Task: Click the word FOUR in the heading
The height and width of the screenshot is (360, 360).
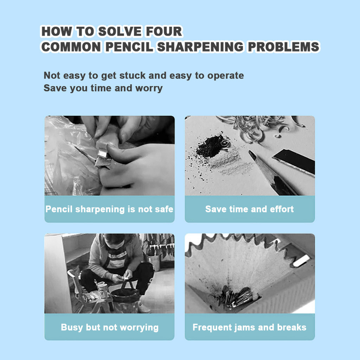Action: (164, 31)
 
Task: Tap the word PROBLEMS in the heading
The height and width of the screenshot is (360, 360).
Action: (284, 47)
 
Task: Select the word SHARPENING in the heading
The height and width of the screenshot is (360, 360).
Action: (200, 47)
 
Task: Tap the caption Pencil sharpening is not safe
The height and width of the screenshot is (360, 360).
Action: (109, 209)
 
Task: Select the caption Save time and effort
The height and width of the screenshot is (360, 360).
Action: (249, 209)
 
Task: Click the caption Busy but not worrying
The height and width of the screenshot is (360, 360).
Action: (110, 327)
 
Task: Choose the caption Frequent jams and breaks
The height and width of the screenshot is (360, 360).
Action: (249, 327)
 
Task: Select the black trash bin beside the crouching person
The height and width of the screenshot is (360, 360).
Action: (125, 300)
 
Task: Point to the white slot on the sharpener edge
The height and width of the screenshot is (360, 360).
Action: (302, 261)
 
